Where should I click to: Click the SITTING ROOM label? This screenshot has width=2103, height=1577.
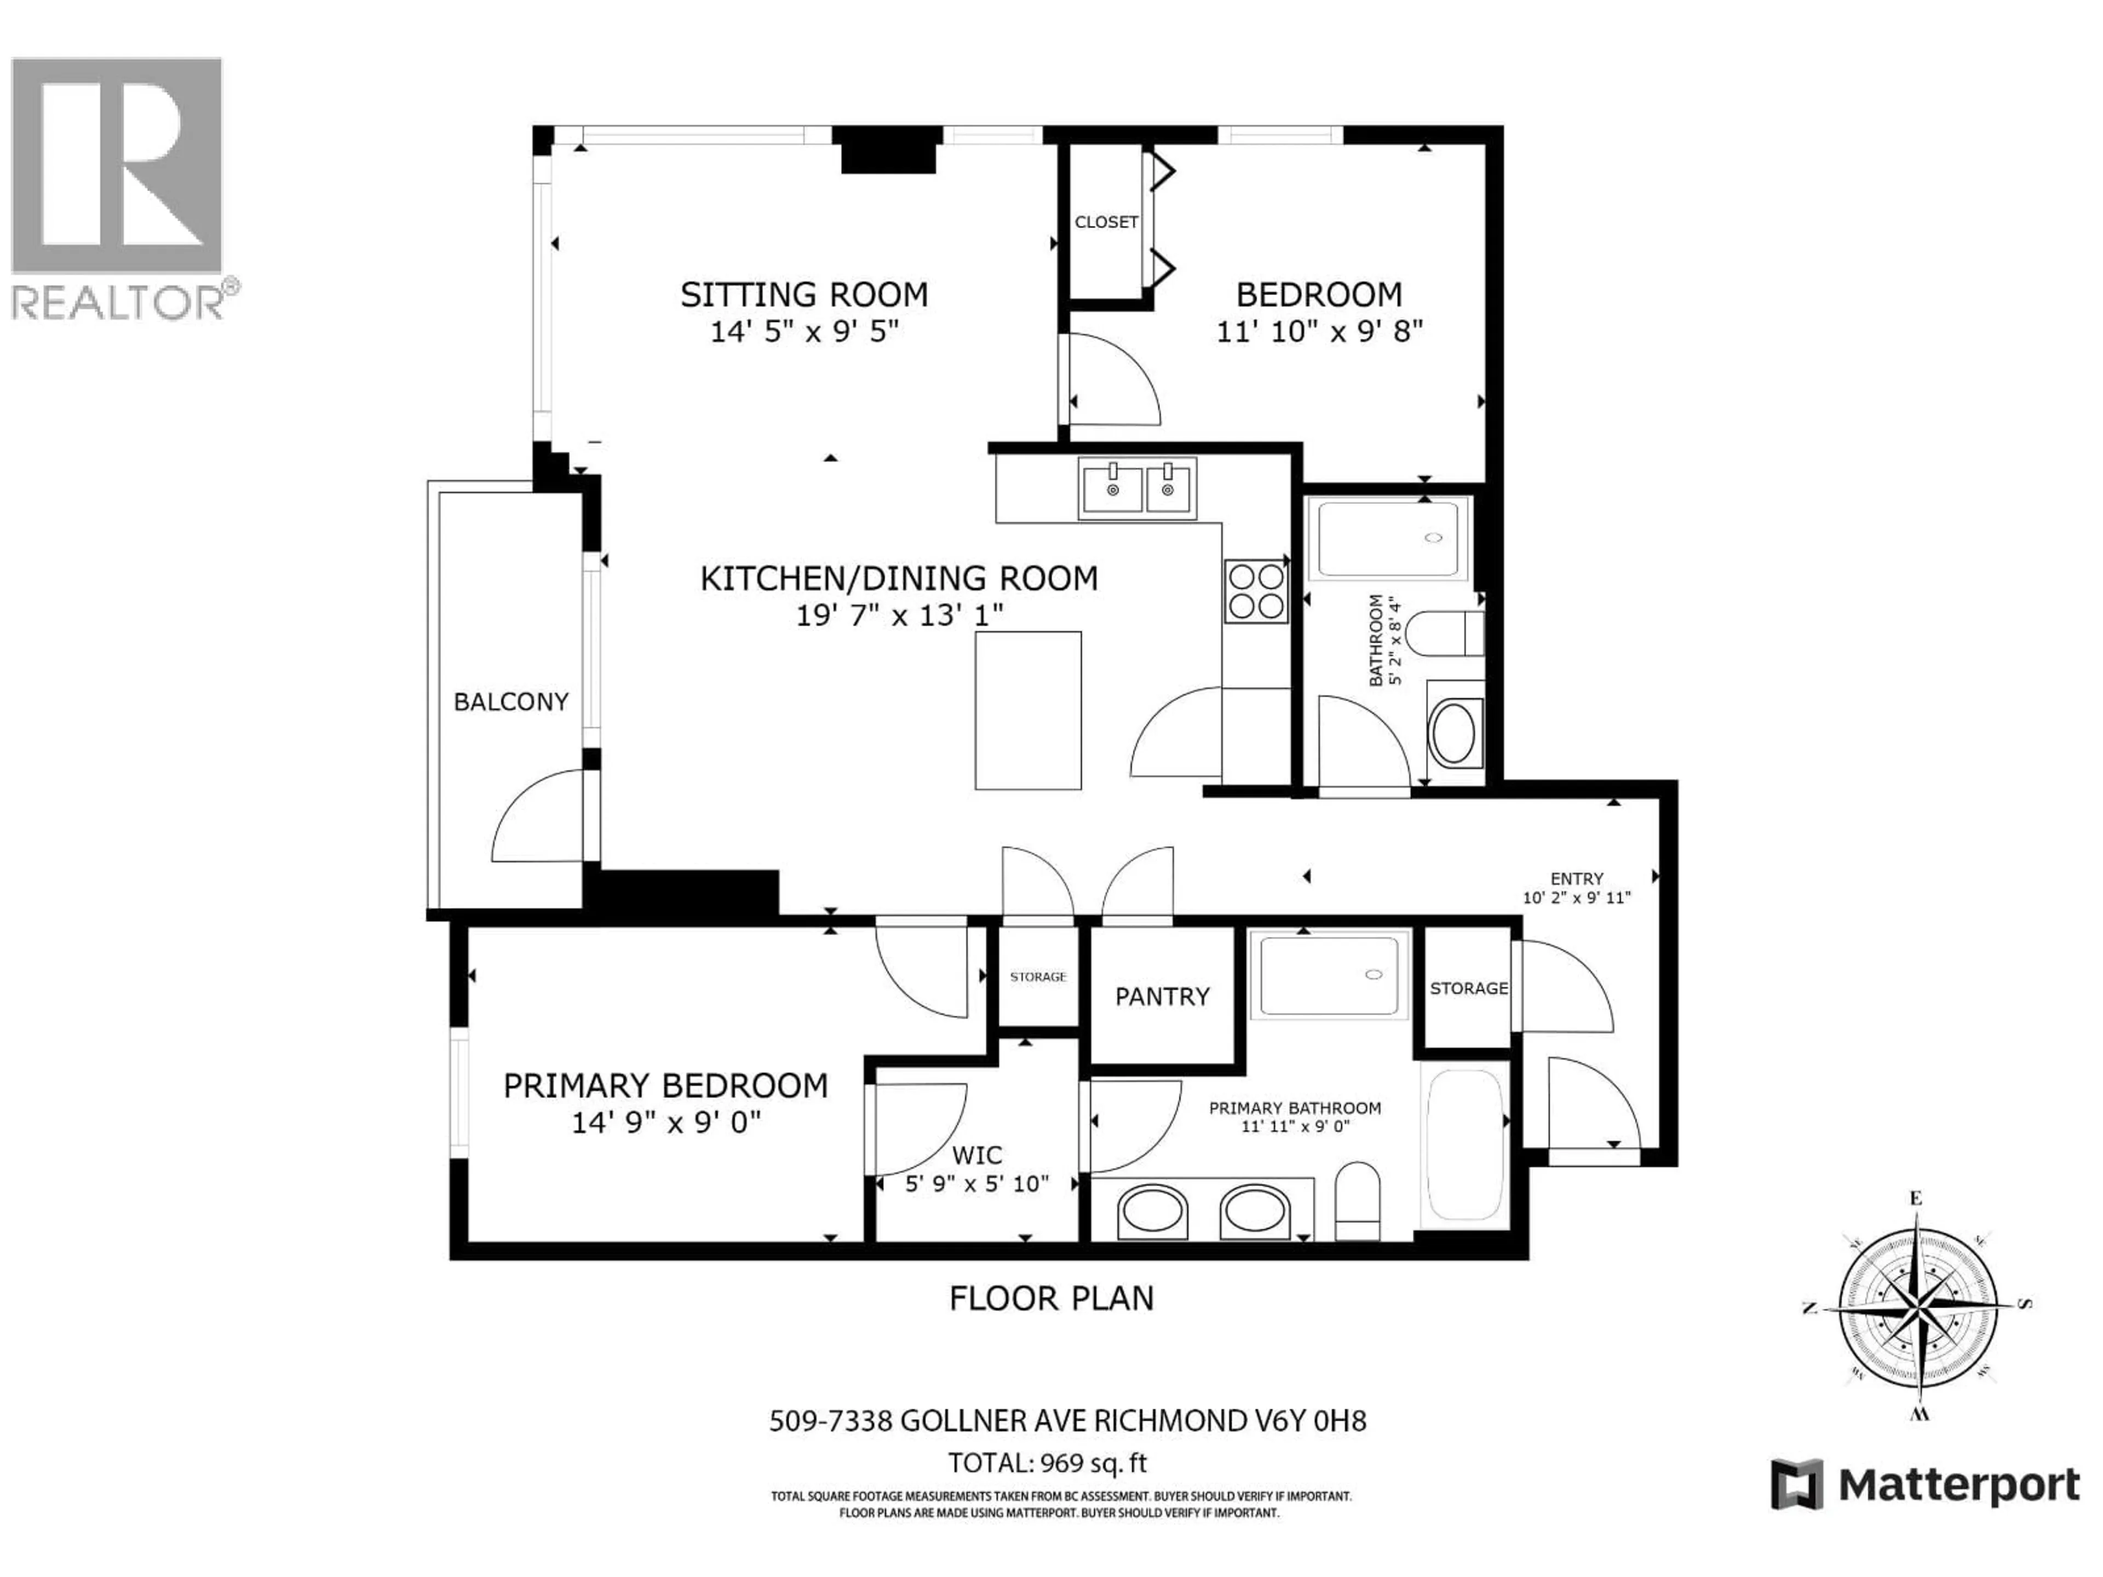coord(803,295)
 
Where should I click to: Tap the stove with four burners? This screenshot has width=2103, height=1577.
coord(1255,591)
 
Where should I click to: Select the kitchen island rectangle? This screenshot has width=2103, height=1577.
coord(1028,710)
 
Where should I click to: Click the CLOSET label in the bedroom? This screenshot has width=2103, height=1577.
coord(1106,221)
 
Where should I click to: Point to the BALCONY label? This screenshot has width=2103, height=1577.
coord(510,701)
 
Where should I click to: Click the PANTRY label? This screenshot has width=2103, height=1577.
coord(1162,996)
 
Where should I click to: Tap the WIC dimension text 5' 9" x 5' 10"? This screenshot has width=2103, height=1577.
coord(976,1183)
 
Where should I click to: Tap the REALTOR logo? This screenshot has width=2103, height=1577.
coord(119,186)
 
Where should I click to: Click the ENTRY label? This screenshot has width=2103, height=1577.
coord(1576,878)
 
